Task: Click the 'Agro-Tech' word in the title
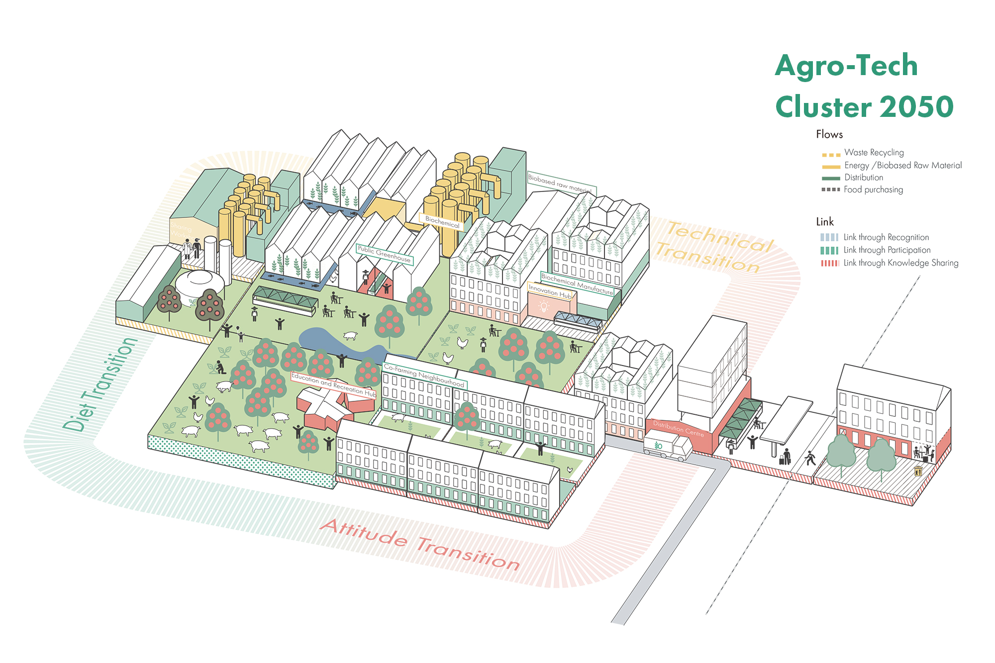846,66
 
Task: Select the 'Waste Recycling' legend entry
874,153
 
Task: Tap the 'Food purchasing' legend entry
873,189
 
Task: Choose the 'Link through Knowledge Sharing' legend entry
900,263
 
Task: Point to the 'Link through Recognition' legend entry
886,238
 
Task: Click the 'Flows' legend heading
829,134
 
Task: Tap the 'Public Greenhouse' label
385,254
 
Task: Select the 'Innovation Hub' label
550,291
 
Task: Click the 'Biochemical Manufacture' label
577,284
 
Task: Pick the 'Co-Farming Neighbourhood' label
424,376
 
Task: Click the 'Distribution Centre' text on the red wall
678,428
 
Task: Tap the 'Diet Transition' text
99,384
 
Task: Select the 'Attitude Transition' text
420,545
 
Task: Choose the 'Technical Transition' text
714,247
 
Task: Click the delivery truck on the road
667,445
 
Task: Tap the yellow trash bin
918,471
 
